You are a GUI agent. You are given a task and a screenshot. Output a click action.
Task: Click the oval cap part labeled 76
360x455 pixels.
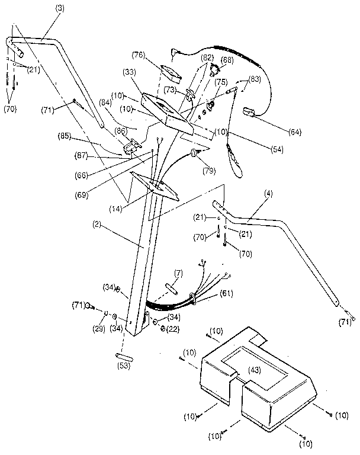[172, 73]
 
